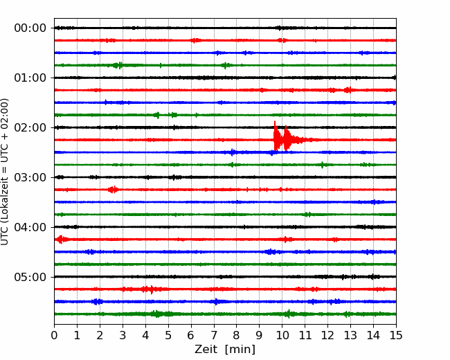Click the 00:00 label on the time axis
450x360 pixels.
(30, 28)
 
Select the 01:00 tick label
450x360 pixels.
(30, 78)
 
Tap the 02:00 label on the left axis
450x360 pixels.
(30, 127)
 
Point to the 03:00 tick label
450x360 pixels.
(30, 177)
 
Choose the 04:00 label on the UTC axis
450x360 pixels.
(30, 227)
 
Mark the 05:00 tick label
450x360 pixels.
(30, 277)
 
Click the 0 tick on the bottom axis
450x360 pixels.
(54, 335)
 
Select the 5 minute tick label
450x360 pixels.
(168, 335)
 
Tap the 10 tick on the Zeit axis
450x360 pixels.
(282, 335)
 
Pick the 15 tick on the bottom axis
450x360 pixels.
(396, 335)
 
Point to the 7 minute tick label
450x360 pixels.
(214, 335)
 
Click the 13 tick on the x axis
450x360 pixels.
(350, 335)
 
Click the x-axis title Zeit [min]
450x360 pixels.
(225, 350)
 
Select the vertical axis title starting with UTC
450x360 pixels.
(5, 172)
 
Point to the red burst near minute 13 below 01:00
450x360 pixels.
(348, 90)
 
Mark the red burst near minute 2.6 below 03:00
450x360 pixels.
(114, 190)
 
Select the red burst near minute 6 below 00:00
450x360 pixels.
(196, 40)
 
